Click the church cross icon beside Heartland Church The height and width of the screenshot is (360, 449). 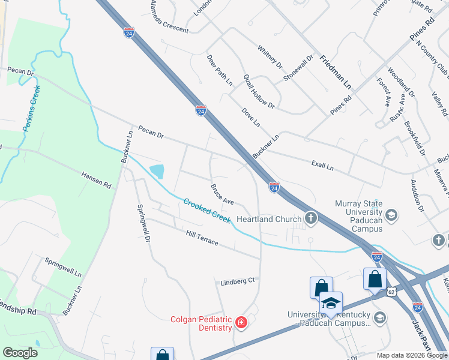pyautogui.click(x=310, y=218)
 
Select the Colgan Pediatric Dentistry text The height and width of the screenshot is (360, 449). pyautogui.click(x=201, y=323)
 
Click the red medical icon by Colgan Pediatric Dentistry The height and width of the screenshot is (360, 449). pyautogui.click(x=241, y=323)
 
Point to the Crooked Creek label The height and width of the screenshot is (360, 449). pyautogui.click(x=207, y=211)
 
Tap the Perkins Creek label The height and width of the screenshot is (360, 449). pyautogui.click(x=31, y=109)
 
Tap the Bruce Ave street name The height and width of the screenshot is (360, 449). pyautogui.click(x=221, y=194)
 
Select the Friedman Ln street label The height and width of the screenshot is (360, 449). pyautogui.click(x=336, y=71)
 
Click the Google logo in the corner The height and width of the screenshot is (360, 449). pyautogui.click(x=20, y=353)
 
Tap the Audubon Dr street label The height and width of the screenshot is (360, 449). pyautogui.click(x=417, y=196)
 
